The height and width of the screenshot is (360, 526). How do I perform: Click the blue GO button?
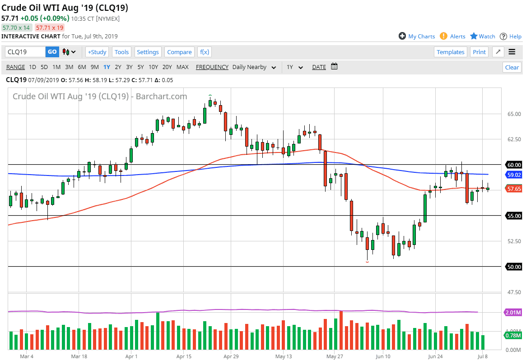tap(52, 52)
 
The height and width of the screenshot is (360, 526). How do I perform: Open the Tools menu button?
tap(121, 52)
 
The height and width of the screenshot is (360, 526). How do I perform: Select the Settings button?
tap(148, 52)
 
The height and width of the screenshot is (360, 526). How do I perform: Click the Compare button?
tap(179, 52)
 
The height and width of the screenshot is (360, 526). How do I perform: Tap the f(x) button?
tap(205, 52)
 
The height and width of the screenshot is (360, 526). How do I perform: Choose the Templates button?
tap(450, 52)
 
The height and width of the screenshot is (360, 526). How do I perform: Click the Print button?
tap(479, 52)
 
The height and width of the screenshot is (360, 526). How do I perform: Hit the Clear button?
tap(512, 67)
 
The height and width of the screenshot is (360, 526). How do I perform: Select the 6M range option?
tap(82, 67)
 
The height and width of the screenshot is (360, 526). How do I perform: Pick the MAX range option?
tap(182, 67)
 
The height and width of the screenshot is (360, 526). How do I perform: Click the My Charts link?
tap(421, 37)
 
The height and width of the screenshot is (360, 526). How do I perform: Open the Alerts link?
tap(457, 37)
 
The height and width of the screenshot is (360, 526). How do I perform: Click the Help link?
tap(515, 37)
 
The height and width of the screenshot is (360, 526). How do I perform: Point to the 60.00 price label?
tap(514, 165)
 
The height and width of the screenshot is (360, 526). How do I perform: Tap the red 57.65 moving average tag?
tap(514, 189)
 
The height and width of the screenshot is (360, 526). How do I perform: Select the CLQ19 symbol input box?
tap(25, 52)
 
